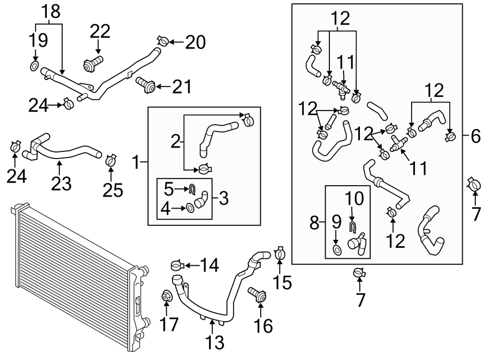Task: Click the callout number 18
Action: [x=51, y=11]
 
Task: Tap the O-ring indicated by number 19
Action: [x=34, y=66]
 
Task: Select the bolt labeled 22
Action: [x=93, y=64]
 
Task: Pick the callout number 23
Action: [x=61, y=184]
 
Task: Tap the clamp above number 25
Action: [x=111, y=160]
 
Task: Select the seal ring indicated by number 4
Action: [x=190, y=207]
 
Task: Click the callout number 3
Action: [x=224, y=198]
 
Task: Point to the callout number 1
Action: [x=136, y=162]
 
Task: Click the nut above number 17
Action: [x=166, y=296]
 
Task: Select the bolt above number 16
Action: [x=257, y=295]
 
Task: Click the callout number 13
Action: [x=215, y=342]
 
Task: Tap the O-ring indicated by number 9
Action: [x=337, y=251]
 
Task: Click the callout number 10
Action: [x=354, y=198]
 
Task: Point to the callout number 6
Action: [x=475, y=136]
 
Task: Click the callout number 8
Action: [x=314, y=223]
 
